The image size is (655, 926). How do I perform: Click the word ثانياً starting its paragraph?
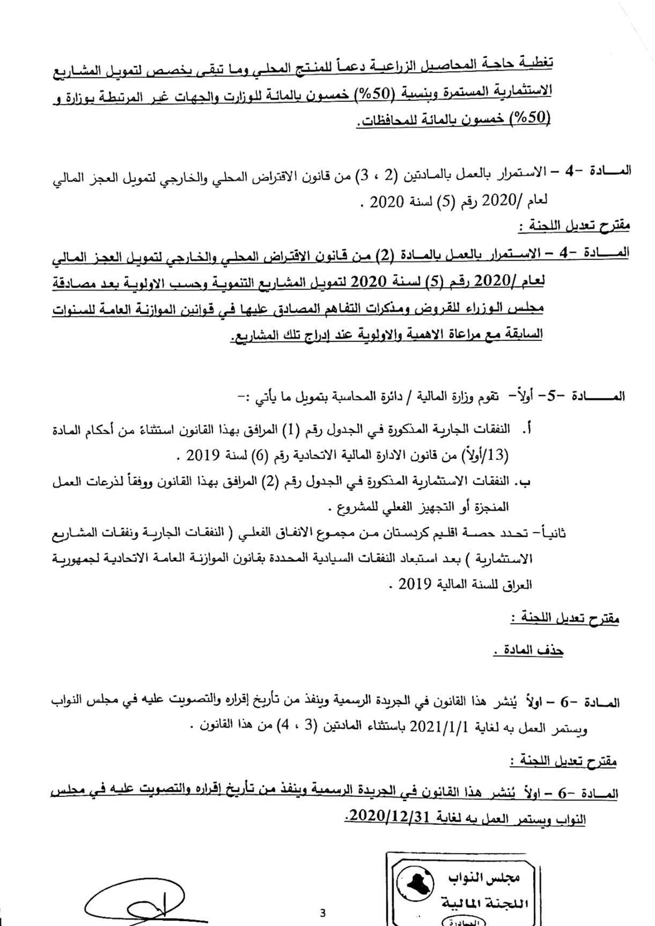[x=553, y=533]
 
